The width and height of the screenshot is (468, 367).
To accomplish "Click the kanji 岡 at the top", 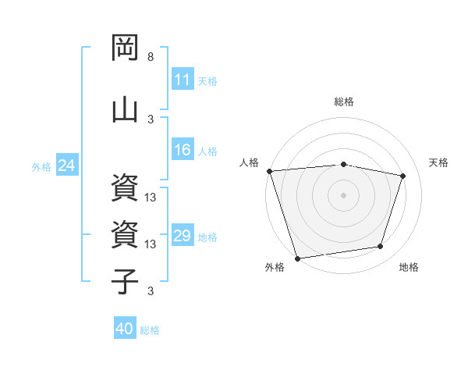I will pyautogui.click(x=126, y=48).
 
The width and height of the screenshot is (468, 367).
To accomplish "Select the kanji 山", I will pyautogui.click(x=126, y=107).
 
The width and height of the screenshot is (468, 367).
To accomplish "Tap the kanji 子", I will pyautogui.click(x=126, y=280).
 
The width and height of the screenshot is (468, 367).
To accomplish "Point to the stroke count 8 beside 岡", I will pyautogui.click(x=151, y=58).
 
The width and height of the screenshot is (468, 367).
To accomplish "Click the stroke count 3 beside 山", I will pyautogui.click(x=151, y=119).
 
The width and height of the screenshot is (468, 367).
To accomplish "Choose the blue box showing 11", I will pyautogui.click(x=183, y=80).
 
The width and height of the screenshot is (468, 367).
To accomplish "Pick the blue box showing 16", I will pyautogui.click(x=183, y=151).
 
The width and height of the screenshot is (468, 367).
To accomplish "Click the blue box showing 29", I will pyautogui.click(x=183, y=236).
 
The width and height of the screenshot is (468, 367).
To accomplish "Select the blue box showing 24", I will pyautogui.click(x=66, y=166).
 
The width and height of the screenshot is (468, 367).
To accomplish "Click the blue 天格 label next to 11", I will pyautogui.click(x=207, y=80).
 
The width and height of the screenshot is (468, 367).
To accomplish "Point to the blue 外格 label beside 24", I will pyautogui.click(x=41, y=166).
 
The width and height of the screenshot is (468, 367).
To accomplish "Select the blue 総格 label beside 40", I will pyautogui.click(x=150, y=330).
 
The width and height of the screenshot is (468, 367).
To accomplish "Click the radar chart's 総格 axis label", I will pyautogui.click(x=344, y=102).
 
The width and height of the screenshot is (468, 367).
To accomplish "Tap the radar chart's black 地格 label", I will pyautogui.click(x=409, y=267).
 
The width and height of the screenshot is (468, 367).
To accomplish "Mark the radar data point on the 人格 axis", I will pyautogui.click(x=269, y=171).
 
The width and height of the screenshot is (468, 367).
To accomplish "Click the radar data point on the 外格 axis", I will pyautogui.click(x=297, y=258).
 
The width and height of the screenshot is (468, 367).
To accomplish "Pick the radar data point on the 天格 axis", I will pyautogui.click(x=403, y=176).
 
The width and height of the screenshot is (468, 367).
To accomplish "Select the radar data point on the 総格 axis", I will pyautogui.click(x=344, y=164).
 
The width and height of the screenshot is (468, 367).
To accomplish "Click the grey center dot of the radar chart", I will pyautogui.click(x=344, y=194).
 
